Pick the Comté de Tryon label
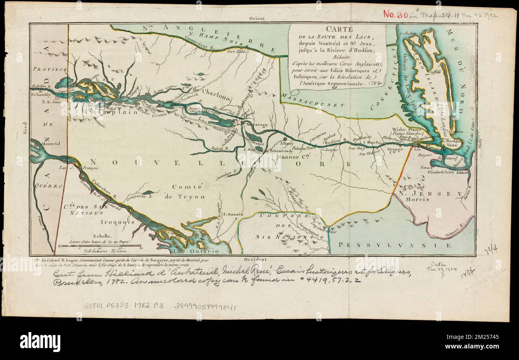[189, 191]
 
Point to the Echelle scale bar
[99, 246]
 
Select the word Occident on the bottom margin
[257, 259]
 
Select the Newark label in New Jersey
[426, 168]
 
